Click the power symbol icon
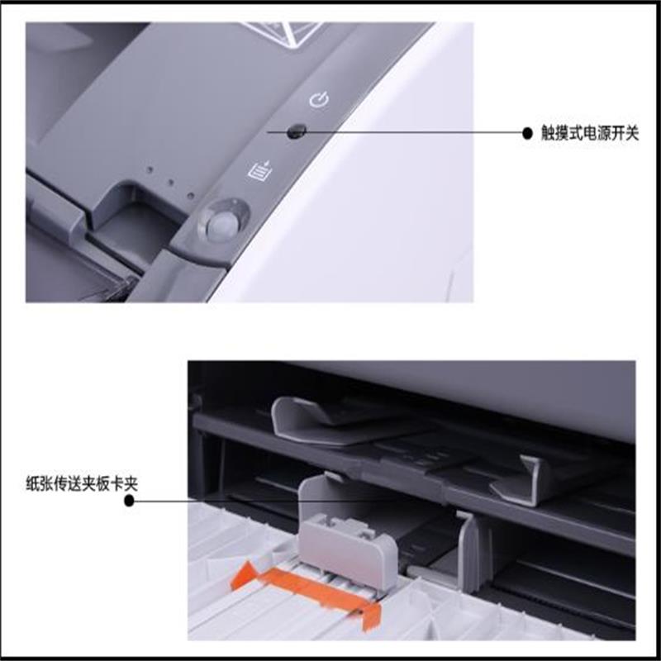click(319, 101)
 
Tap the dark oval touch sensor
click(297, 130)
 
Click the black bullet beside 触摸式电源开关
click(527, 133)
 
